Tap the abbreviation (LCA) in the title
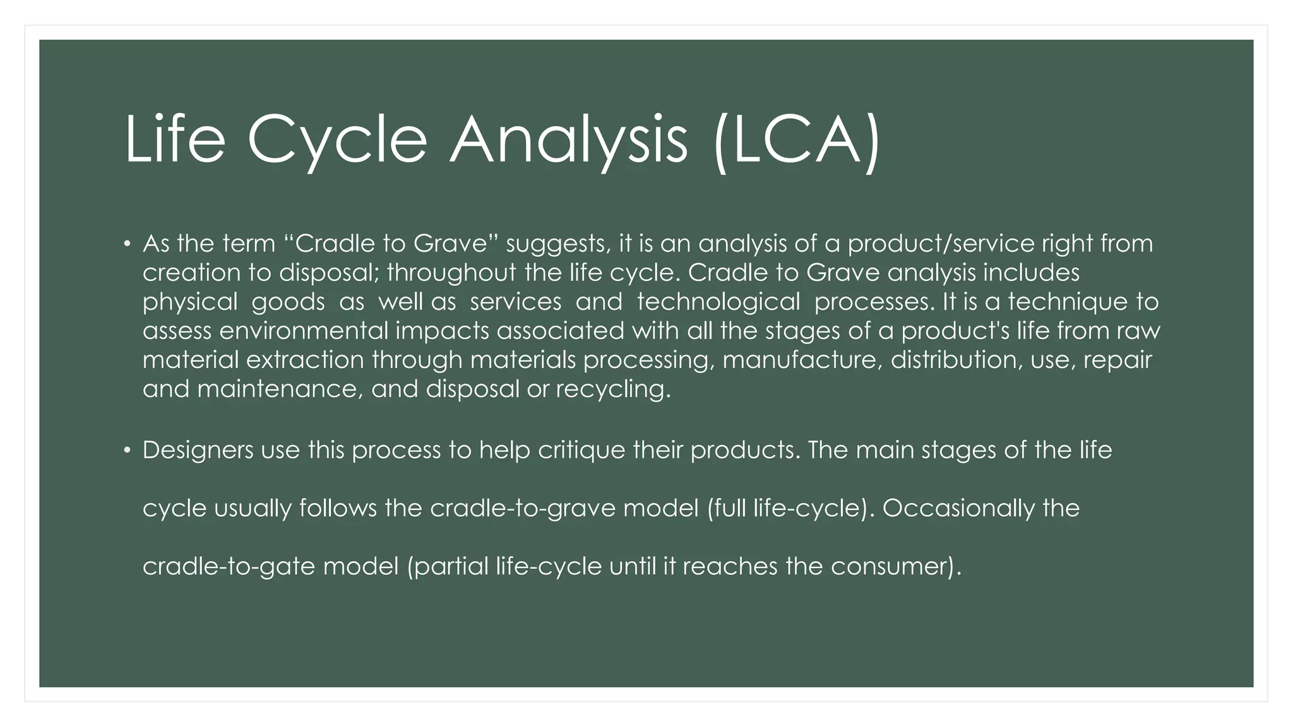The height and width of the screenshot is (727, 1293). pyautogui.click(x=797, y=140)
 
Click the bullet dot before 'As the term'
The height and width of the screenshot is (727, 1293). pyautogui.click(x=127, y=244)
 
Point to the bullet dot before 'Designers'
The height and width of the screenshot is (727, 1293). pyautogui.click(x=127, y=451)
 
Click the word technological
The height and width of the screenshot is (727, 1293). pyautogui.click(x=718, y=302)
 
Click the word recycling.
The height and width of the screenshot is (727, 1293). pyautogui.click(x=613, y=389)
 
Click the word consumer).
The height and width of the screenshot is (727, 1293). pyautogui.click(x=896, y=567)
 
